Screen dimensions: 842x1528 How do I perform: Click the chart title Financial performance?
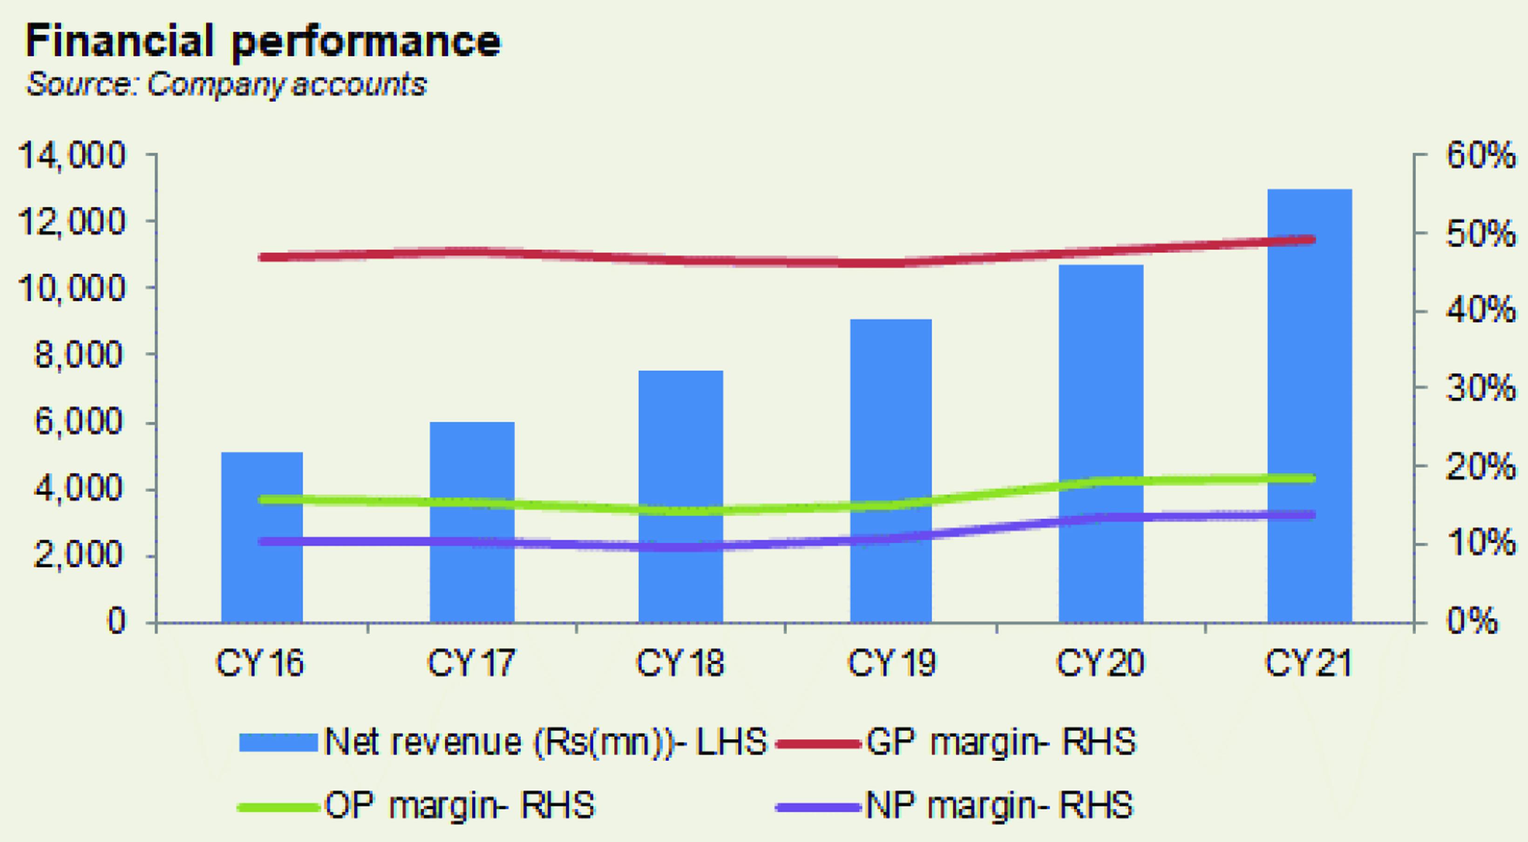click(263, 41)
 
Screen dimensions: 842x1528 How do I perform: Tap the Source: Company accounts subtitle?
click(226, 85)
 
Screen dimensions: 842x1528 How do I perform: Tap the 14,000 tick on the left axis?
click(72, 156)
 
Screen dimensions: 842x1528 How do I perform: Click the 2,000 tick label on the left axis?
click(81, 556)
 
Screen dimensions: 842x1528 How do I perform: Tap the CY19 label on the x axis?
click(891, 663)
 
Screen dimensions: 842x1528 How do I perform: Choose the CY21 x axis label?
click(1309, 663)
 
